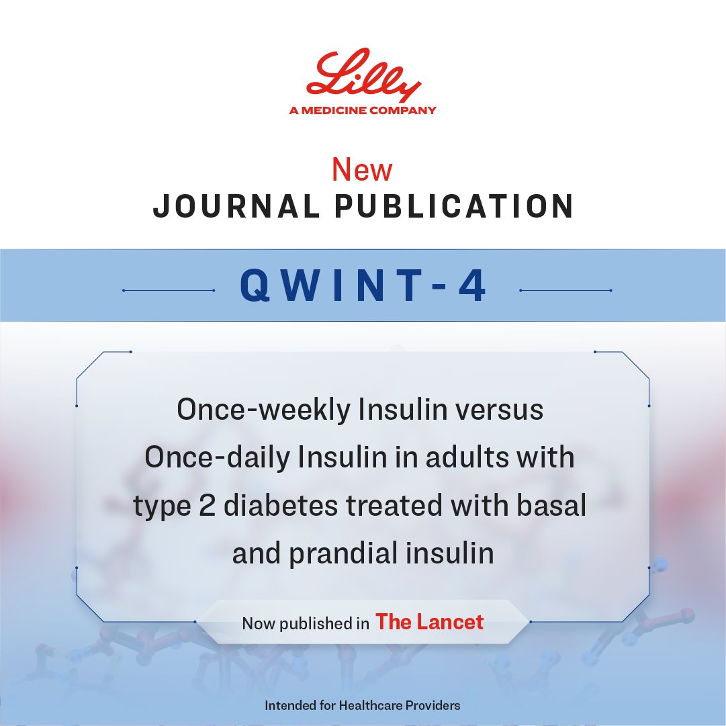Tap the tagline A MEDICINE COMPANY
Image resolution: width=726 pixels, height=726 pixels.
click(x=363, y=111)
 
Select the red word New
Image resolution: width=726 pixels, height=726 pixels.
click(x=362, y=171)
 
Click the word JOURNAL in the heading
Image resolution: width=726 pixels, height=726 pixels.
click(x=235, y=207)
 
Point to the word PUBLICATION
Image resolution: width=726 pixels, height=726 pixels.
click(x=455, y=207)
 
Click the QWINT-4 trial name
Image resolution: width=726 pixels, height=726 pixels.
click(x=363, y=287)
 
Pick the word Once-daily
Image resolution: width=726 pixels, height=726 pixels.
click(x=218, y=458)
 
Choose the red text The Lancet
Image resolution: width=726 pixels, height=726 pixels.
click(x=429, y=622)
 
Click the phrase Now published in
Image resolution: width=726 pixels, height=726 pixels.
click(x=305, y=623)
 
